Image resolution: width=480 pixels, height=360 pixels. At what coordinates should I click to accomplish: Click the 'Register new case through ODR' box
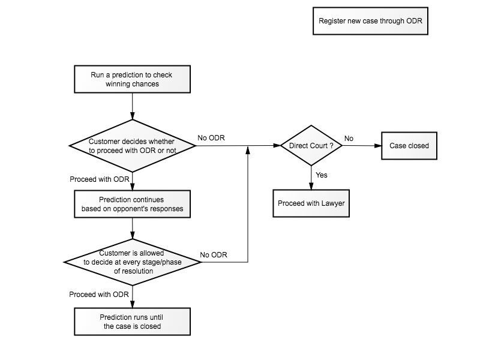[x=370, y=21]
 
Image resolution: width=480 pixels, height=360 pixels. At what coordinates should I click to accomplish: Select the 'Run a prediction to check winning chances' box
[x=132, y=79]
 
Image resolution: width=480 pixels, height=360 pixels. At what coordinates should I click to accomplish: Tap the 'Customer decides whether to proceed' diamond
[x=132, y=146]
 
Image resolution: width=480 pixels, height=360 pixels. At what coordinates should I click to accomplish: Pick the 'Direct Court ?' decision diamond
[x=311, y=145]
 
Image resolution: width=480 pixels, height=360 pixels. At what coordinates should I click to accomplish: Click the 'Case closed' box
[x=409, y=146]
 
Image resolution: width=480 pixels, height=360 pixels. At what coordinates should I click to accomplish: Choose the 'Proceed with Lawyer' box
[x=311, y=203]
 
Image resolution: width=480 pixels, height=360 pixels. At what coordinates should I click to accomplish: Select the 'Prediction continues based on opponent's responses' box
[x=132, y=204]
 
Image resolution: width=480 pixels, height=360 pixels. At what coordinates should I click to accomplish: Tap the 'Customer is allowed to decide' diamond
[x=132, y=262]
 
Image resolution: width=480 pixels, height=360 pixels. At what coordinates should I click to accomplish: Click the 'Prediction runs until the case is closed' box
[x=132, y=322]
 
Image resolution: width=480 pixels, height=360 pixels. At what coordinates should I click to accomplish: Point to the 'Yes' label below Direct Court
[x=322, y=175]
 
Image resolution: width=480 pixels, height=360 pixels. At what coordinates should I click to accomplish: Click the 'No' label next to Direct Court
[x=349, y=139]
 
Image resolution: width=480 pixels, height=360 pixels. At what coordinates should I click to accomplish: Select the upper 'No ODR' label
[x=211, y=138]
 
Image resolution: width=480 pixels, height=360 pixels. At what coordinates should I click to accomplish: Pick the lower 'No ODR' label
[x=214, y=254]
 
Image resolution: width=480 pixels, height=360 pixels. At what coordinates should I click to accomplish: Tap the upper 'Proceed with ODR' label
[x=100, y=179]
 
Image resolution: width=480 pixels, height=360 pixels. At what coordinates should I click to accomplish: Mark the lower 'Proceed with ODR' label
[x=99, y=294]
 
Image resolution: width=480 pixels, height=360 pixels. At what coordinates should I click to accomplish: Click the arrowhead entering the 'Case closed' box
[x=378, y=146]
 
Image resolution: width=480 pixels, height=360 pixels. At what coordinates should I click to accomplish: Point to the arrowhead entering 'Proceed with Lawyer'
[x=311, y=186]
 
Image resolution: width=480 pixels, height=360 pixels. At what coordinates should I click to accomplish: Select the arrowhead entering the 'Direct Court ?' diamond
[x=277, y=145]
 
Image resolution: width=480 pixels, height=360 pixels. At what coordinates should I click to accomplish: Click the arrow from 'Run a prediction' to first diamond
[x=132, y=106]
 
